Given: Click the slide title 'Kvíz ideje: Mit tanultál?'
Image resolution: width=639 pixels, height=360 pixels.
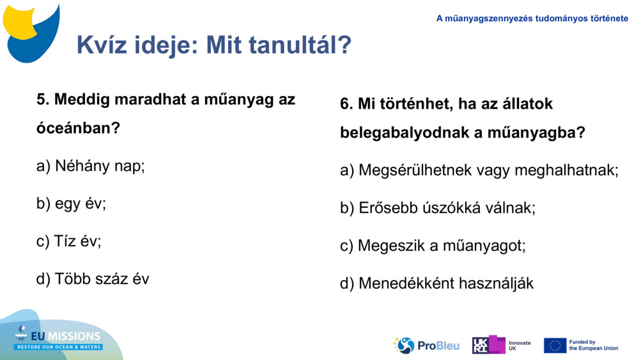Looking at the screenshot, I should pyautogui.click(x=213, y=45).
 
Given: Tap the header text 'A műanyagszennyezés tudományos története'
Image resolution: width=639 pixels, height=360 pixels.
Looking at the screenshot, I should pyautogui.click(x=532, y=19).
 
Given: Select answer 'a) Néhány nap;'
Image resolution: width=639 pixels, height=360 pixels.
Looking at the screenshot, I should pyautogui.click(x=91, y=166).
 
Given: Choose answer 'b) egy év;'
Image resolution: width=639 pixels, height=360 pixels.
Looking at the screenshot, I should pyautogui.click(x=71, y=204).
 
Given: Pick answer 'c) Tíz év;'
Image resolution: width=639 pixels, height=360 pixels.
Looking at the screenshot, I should pyautogui.click(x=68, y=241).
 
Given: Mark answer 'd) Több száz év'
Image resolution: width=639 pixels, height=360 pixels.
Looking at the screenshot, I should pyautogui.click(x=93, y=279).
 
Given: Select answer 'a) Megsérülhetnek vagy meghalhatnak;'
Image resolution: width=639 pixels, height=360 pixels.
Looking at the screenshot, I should pyautogui.click(x=479, y=171).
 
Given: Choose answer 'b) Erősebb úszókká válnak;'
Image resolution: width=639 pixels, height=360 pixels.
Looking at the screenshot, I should pyautogui.click(x=437, y=208).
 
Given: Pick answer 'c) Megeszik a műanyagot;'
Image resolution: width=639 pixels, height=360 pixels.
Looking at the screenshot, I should pyautogui.click(x=433, y=246).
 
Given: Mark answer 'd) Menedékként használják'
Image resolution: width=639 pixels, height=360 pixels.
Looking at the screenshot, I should pyautogui.click(x=436, y=283).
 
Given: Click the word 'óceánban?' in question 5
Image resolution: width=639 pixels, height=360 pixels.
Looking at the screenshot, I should pyautogui.click(x=78, y=128).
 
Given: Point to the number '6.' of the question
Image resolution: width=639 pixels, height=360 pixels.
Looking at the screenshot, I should pyautogui.click(x=346, y=104).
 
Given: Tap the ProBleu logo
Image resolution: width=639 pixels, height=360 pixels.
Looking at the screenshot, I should pyautogui.click(x=426, y=345).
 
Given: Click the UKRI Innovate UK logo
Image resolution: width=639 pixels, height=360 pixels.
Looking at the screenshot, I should pyautogui.click(x=502, y=345).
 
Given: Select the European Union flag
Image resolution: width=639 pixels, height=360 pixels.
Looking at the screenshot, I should pyautogui.click(x=555, y=345).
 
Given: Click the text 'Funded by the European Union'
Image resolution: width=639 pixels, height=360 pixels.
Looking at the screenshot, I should pyautogui.click(x=593, y=345).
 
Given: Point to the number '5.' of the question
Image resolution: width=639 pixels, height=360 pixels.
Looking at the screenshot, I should pyautogui.click(x=43, y=100).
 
